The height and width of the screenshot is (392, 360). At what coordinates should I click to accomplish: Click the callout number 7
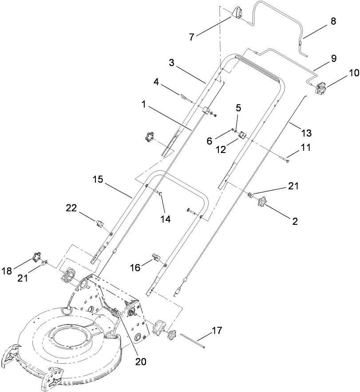[191, 36]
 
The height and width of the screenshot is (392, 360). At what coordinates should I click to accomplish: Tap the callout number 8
[333, 20]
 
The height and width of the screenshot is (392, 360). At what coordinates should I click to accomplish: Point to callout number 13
[306, 132]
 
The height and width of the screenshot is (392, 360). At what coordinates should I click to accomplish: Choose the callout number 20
[141, 362]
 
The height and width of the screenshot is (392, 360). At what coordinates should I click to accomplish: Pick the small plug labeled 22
[100, 222]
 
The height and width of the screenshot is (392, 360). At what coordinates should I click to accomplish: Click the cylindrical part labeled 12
[243, 135]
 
